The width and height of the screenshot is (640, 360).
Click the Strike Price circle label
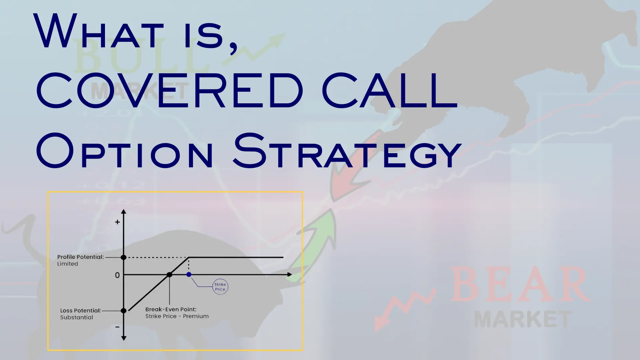(x=220, y=287)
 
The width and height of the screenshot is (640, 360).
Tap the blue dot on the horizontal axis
(x=189, y=275)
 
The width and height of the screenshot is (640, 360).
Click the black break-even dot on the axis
(x=169, y=275)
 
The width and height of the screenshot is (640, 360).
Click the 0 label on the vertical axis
(x=117, y=275)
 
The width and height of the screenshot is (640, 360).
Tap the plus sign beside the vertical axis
(x=117, y=222)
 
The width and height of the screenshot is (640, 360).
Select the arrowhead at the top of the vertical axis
(x=124, y=212)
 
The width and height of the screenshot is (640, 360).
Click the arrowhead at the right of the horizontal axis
(x=289, y=275)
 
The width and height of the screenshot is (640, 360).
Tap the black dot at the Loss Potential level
(x=124, y=311)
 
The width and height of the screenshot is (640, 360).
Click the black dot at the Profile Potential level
(x=124, y=257)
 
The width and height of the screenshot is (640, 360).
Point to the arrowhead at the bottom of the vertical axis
(x=124, y=338)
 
